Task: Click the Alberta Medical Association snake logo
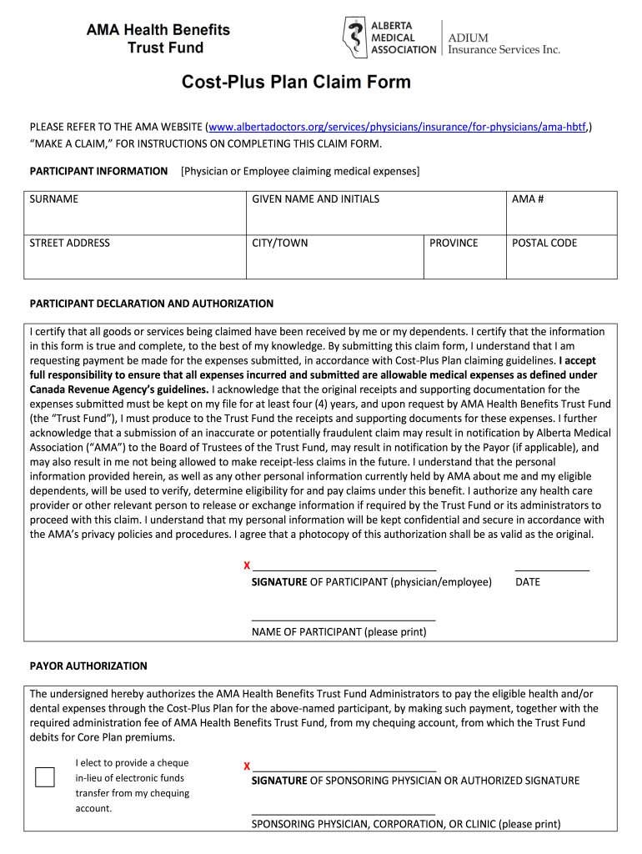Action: pyautogui.click(x=354, y=38)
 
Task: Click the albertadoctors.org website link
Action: pyautogui.click(x=398, y=128)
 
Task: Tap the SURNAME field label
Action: pyautogui.click(x=54, y=199)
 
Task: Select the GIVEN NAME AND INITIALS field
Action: pyautogui.click(x=315, y=199)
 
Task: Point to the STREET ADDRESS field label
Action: pyautogui.click(x=70, y=244)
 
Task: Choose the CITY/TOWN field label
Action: pyautogui.click(x=279, y=244)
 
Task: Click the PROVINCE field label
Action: pyautogui.click(x=454, y=244)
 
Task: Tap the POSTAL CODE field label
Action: pyautogui.click(x=544, y=244)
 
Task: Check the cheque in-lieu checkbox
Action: pyautogui.click(x=45, y=777)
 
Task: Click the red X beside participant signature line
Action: pyautogui.click(x=247, y=566)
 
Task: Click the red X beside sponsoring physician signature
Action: pyautogui.click(x=247, y=766)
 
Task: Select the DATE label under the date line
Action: pyautogui.click(x=528, y=582)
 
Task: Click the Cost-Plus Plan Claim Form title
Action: pyautogui.click(x=297, y=83)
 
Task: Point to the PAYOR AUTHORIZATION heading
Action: pyautogui.click(x=88, y=666)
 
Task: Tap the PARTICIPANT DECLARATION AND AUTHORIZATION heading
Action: pyautogui.click(x=152, y=304)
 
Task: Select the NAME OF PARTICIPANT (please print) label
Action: pyautogui.click(x=339, y=632)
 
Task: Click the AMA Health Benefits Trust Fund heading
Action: pyautogui.click(x=158, y=38)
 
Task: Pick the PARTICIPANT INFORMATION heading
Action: pyautogui.click(x=98, y=171)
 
